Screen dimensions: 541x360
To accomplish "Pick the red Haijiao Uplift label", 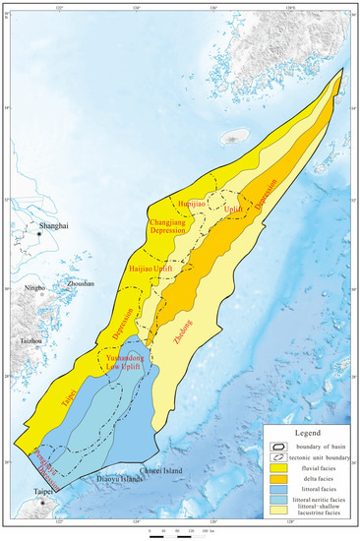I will (151, 267).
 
